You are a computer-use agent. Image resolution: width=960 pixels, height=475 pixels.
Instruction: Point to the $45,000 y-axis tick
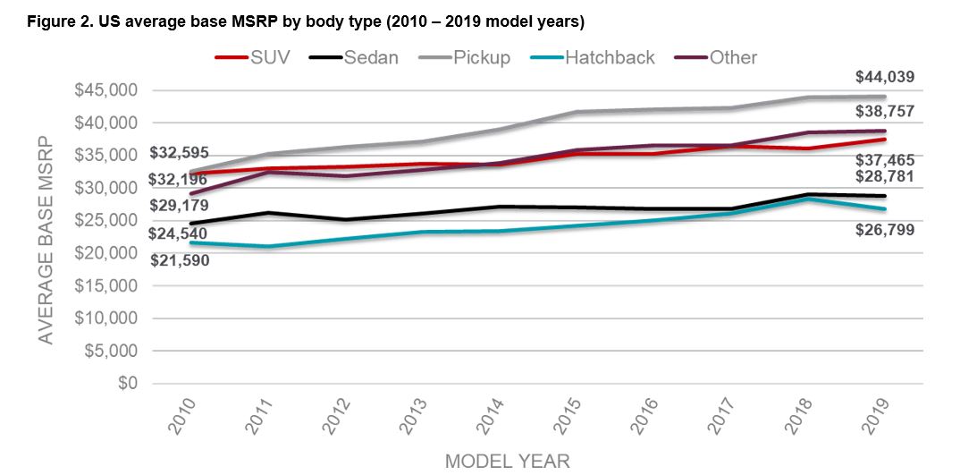112,90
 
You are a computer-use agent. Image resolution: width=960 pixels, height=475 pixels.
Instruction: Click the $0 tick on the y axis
129,384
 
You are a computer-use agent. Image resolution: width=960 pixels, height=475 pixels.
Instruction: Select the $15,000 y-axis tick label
112,286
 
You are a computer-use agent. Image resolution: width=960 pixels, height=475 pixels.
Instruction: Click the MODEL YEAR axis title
507,460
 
